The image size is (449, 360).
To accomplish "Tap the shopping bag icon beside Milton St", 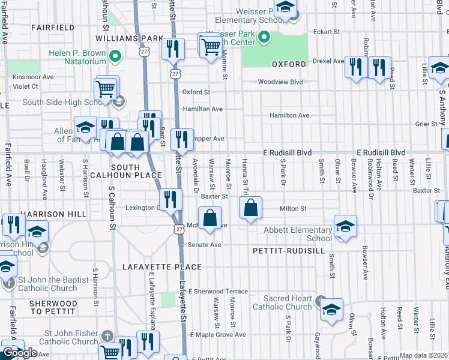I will point(250,208).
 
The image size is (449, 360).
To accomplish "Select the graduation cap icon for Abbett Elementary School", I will point(345,226).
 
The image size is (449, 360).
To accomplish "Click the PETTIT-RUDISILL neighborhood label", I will point(288,250).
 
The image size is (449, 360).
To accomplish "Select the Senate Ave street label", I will point(205,245).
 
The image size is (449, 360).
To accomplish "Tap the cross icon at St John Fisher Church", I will point(107,335).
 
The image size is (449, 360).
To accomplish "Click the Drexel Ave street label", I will point(330,61).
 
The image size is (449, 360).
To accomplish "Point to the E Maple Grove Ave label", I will point(218,334).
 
